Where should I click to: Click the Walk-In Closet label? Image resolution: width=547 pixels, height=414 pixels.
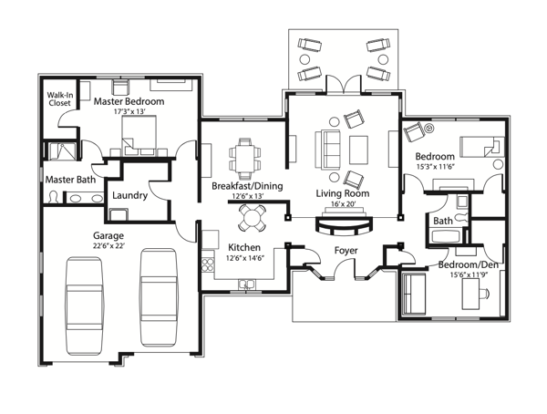point(59,98)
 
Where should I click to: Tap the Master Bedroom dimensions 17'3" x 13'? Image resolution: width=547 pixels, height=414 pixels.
point(129,111)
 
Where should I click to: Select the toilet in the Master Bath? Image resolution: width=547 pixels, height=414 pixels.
point(54,197)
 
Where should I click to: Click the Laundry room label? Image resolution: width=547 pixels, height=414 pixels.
point(129,195)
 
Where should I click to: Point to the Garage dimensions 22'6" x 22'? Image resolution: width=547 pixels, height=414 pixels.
point(108,245)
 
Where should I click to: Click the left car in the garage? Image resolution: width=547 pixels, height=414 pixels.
point(84,305)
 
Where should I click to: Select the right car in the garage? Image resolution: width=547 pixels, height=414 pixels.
point(158,297)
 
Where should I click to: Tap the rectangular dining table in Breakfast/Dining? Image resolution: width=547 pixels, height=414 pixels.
point(245,158)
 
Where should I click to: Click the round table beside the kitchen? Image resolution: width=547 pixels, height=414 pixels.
point(252,218)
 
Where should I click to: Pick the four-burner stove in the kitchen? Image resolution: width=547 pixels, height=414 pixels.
point(208,264)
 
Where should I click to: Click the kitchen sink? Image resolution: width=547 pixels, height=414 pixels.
point(247,285)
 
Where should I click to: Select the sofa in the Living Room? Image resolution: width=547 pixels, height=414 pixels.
point(327,150)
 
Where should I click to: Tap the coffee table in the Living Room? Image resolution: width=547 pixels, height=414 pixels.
point(358,150)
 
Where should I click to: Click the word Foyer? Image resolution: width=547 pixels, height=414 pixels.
point(346,250)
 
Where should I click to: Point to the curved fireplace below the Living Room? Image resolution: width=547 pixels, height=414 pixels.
point(345,226)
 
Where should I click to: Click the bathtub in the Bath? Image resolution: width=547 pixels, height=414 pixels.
point(446,236)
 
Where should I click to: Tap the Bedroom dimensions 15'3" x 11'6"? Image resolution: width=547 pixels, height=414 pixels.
point(436,167)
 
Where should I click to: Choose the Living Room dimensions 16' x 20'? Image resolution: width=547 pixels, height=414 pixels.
point(342,204)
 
